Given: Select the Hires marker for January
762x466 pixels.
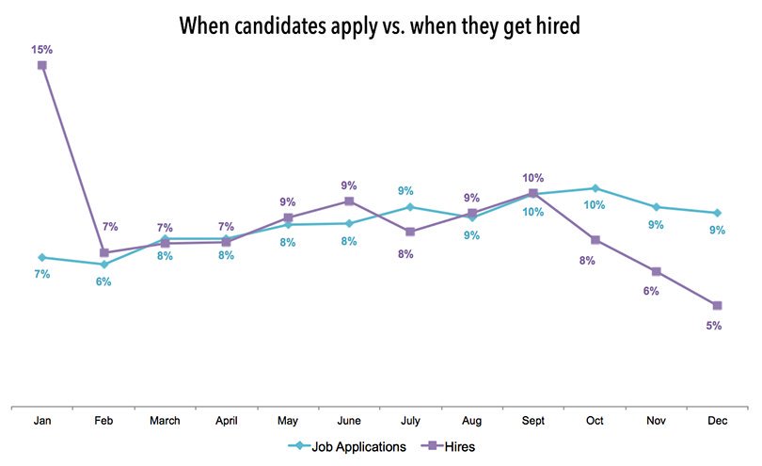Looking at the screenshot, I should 42,65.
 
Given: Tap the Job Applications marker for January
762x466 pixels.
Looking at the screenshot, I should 42,257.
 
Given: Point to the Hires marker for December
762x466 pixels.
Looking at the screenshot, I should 718,305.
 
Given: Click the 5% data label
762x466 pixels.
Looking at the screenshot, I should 714,326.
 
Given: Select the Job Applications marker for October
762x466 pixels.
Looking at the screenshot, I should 595,188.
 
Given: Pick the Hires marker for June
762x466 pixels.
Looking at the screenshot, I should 349,201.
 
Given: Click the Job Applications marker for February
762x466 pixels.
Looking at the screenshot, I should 104,265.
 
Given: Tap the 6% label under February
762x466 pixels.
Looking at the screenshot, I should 103,282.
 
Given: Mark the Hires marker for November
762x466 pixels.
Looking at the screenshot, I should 657,271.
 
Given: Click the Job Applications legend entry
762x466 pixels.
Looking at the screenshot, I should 350,447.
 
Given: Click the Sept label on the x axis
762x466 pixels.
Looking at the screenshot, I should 533,422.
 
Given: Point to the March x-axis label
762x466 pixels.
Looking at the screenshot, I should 165,422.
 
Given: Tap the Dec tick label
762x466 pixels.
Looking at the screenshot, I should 718,422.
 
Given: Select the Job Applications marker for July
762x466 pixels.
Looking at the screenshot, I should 410,206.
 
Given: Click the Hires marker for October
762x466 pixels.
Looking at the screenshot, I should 595,239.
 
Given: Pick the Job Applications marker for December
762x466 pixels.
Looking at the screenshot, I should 718,213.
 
